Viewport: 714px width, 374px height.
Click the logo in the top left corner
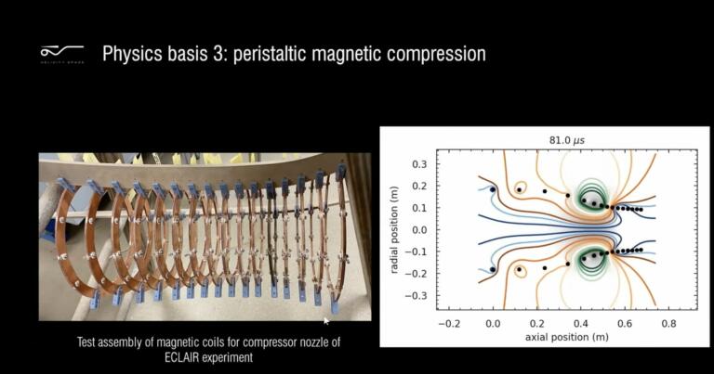[x=61, y=53]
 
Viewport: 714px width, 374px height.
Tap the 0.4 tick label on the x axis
[x=582, y=324]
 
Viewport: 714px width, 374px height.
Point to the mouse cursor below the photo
[x=325, y=321]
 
